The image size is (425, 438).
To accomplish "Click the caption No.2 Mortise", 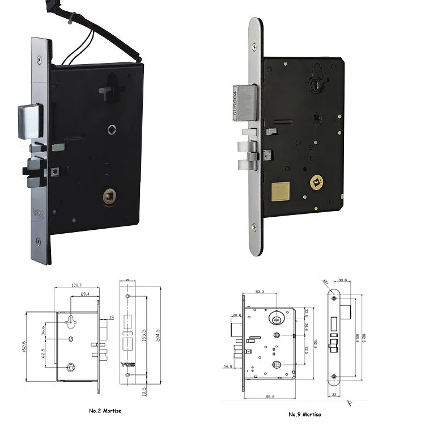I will click(105, 410).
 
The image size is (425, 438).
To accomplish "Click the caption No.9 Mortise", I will click(304, 414).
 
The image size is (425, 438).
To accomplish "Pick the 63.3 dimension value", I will click(260, 292).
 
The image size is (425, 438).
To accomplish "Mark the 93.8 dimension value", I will click(268, 397).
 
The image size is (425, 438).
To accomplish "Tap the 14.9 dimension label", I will click(228, 367).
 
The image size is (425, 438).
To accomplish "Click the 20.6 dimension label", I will click(236, 315).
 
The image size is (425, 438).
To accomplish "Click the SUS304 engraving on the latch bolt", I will click(236, 104).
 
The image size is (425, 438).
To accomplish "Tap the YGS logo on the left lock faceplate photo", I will click(38, 216).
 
